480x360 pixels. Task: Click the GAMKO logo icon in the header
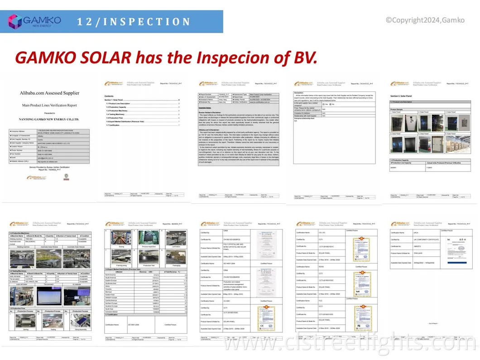pos(14,21)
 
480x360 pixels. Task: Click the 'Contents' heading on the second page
pos(109,96)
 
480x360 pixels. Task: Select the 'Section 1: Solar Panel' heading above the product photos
pos(401,96)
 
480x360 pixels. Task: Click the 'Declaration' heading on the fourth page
pos(299,92)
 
